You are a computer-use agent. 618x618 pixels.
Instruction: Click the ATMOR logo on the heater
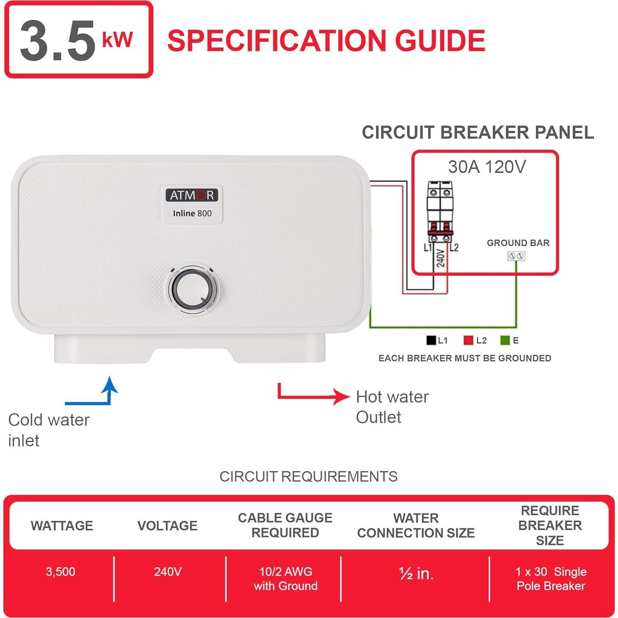192,195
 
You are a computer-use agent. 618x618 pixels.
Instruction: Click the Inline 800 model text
192,213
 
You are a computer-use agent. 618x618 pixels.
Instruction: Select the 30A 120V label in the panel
487,167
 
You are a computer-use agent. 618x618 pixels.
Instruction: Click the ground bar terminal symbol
516,256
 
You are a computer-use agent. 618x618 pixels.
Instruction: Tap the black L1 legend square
431,340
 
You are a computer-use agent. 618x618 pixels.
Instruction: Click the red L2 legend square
468,340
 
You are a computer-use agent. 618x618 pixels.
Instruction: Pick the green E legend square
504,340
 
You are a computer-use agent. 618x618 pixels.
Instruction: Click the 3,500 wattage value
60,572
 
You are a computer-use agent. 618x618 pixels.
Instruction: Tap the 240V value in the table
168,572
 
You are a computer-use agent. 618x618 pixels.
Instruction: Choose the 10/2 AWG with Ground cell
285,579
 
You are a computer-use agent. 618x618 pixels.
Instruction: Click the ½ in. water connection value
416,573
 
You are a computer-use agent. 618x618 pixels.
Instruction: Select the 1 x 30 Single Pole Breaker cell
551,579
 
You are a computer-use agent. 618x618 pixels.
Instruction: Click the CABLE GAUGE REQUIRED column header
285,525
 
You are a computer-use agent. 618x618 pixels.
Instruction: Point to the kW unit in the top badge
117,40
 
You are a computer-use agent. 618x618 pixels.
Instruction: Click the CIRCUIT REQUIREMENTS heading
308,476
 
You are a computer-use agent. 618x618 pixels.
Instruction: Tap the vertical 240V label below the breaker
440,258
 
